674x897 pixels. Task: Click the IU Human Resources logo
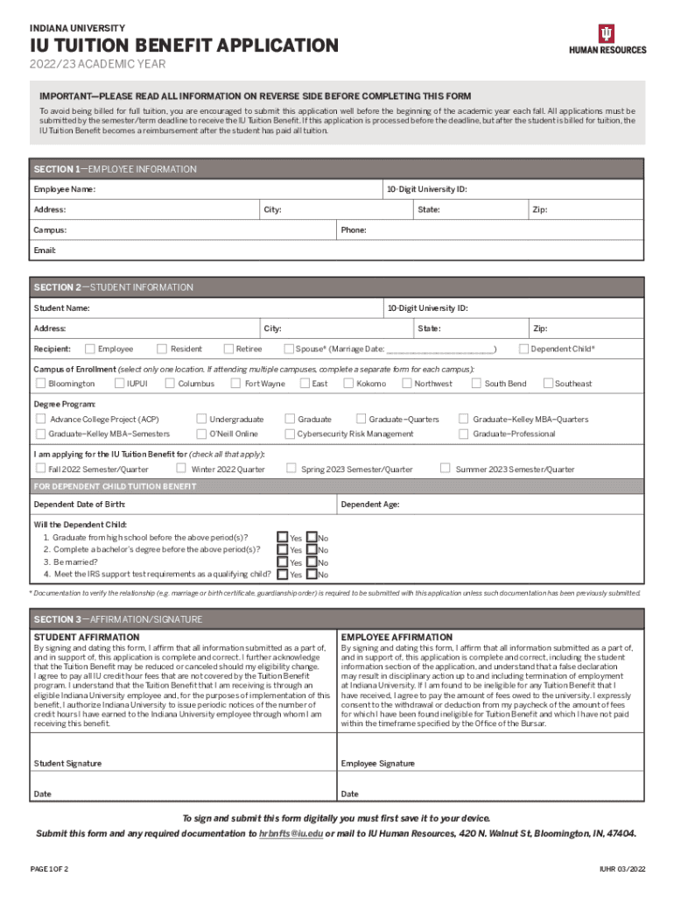coord(607,39)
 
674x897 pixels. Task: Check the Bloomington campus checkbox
coord(40,383)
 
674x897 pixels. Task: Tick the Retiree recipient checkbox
coord(228,349)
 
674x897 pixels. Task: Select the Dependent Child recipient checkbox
coord(523,349)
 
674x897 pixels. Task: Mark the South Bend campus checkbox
coord(476,383)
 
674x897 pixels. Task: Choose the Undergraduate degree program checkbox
coord(201,420)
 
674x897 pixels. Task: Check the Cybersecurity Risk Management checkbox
coord(290,434)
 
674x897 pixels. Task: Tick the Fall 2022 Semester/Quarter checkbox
coord(40,469)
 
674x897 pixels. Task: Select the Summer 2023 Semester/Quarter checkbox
coord(445,469)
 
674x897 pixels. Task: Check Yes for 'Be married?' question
coord(282,562)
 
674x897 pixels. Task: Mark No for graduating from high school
coord(311,537)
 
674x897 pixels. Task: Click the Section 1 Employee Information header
coord(115,169)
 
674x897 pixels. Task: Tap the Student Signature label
coord(67,763)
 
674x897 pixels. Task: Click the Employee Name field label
coord(64,189)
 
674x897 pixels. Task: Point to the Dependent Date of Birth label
coord(79,505)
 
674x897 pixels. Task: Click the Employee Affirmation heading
coord(397,637)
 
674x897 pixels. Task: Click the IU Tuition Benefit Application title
coord(184,46)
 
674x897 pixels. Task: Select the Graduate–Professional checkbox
coord(464,434)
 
